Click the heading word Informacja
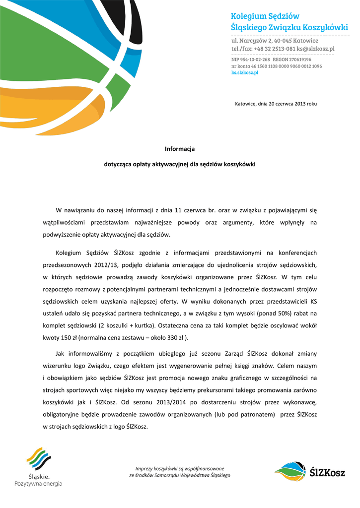pyautogui.click(x=180, y=149)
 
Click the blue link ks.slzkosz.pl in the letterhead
pyautogui.click(x=245, y=72)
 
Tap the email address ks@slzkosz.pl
pyautogui.click(x=315, y=49)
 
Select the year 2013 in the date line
pyautogui.click(x=300, y=104)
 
